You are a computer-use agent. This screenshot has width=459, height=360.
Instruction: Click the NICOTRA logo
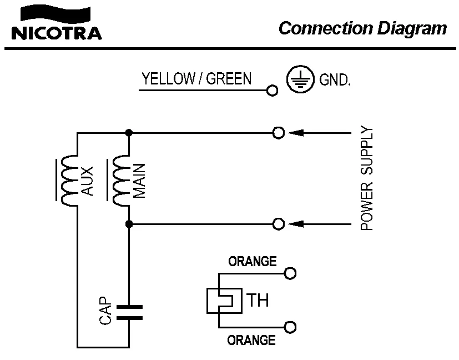(x=57, y=24)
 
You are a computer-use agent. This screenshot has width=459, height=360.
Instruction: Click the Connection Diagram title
(x=362, y=28)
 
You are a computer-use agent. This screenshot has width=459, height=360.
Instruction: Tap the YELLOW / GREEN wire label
(x=196, y=79)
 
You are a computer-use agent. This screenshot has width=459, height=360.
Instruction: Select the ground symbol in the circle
(x=297, y=79)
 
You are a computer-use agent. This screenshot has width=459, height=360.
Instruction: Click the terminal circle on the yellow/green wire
(x=271, y=91)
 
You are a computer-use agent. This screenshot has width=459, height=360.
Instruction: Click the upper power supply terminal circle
(x=279, y=133)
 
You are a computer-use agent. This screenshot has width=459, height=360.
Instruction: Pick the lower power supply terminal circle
(x=279, y=224)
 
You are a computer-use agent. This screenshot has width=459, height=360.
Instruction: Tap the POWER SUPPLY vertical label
(x=367, y=179)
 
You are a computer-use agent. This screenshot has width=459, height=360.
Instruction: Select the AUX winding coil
(x=69, y=181)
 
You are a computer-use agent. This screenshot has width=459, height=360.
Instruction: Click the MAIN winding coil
(x=121, y=181)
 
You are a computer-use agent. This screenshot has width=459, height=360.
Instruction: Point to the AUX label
(x=87, y=181)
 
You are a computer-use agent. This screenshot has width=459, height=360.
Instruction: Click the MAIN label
(x=139, y=181)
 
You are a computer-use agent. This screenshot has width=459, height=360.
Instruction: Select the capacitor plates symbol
(x=129, y=312)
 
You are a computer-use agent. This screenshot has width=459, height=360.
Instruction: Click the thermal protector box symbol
(x=224, y=301)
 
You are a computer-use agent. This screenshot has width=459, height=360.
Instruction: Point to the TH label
(x=258, y=301)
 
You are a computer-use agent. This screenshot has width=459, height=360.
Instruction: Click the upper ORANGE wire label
(x=253, y=261)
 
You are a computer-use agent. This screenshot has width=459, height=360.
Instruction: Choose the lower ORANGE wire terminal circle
(x=290, y=327)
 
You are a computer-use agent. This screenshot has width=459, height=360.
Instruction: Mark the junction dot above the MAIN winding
(x=129, y=133)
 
